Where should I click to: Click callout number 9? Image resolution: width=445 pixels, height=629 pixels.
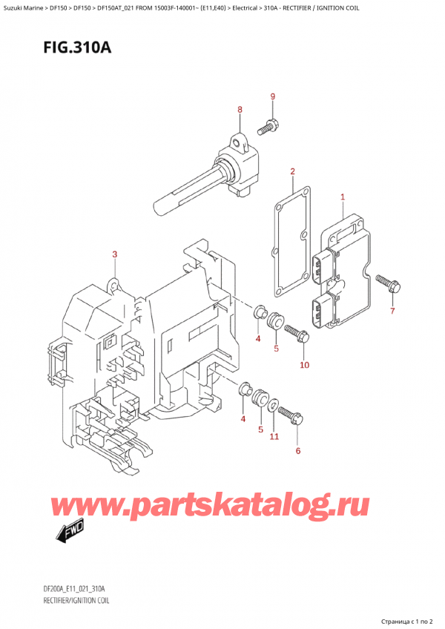coord(272,97)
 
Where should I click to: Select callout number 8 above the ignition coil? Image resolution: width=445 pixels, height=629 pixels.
coord(240,111)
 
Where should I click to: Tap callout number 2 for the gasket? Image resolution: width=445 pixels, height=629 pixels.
coord(292,172)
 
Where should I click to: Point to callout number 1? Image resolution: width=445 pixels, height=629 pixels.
coord(343,197)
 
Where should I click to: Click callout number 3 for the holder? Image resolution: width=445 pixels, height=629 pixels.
coord(115,256)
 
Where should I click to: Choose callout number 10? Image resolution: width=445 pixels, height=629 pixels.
coord(304,364)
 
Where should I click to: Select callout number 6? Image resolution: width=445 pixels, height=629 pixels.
coord(298,450)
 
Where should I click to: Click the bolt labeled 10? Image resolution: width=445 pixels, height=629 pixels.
coord(298,335)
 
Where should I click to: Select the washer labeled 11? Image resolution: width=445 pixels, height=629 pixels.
coord(273,406)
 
